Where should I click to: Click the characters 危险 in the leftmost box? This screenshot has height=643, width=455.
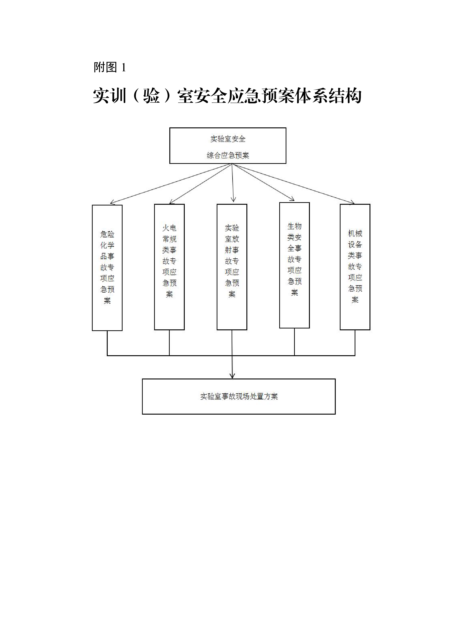(107, 234)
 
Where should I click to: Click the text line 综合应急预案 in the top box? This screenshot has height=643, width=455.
(228, 155)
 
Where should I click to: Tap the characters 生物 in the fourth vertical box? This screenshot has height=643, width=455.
(294, 226)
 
